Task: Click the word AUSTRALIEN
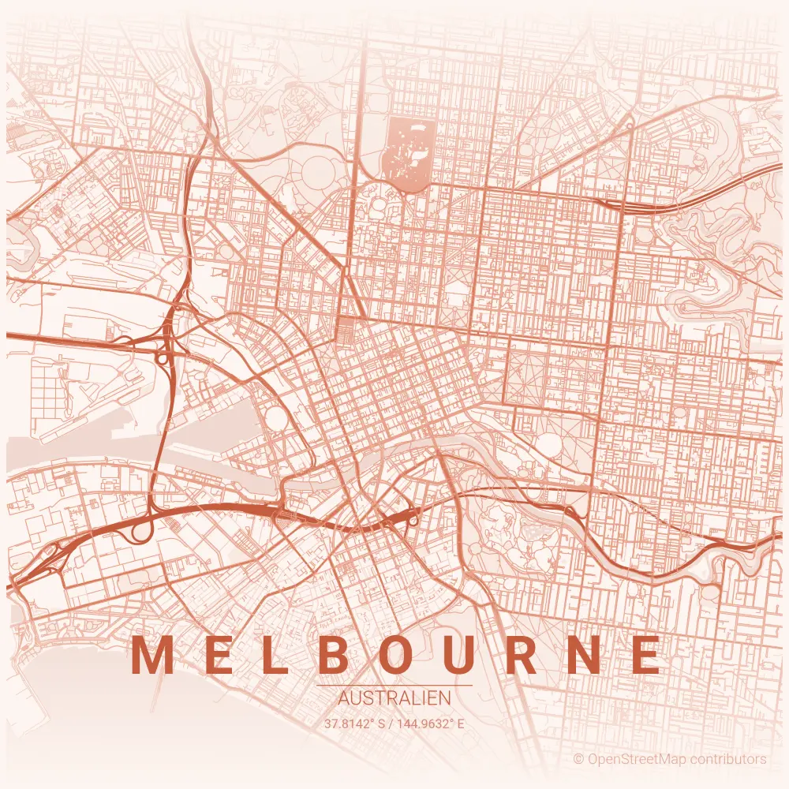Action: coord(394,698)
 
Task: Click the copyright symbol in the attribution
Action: coord(578,759)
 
